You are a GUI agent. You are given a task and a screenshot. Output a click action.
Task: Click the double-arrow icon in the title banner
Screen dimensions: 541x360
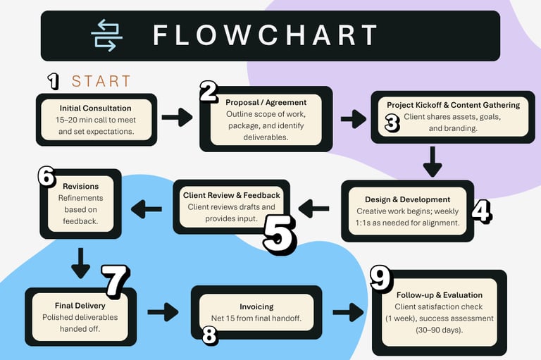point(106,35)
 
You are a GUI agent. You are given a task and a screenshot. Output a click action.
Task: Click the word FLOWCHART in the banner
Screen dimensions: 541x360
point(264,35)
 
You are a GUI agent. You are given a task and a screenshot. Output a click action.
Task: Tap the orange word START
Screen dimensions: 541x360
point(101,82)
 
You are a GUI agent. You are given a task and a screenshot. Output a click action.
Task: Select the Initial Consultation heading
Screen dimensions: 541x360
point(96,108)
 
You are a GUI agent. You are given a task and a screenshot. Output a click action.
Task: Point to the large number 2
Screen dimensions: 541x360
point(209,92)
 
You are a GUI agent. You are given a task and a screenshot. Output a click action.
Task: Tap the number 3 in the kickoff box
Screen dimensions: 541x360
point(392,123)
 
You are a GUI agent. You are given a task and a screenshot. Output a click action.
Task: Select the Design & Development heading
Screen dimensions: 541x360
point(407,199)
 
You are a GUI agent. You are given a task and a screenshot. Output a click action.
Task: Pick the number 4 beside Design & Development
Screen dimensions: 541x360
point(480,211)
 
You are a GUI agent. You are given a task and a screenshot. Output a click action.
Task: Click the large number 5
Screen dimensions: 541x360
point(279,235)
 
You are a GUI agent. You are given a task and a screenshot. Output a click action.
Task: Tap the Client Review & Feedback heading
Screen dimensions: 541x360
point(231,195)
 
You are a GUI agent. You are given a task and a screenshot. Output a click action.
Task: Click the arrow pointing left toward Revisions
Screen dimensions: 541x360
point(147,208)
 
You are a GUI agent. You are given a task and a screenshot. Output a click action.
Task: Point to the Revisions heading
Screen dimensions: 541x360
point(80,187)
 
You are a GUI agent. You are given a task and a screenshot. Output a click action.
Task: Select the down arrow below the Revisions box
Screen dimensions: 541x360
point(80,262)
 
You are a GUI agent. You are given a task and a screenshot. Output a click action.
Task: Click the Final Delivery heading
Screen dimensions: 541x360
point(80,306)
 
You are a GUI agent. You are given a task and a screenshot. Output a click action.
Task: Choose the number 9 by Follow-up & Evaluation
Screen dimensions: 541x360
point(381,279)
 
